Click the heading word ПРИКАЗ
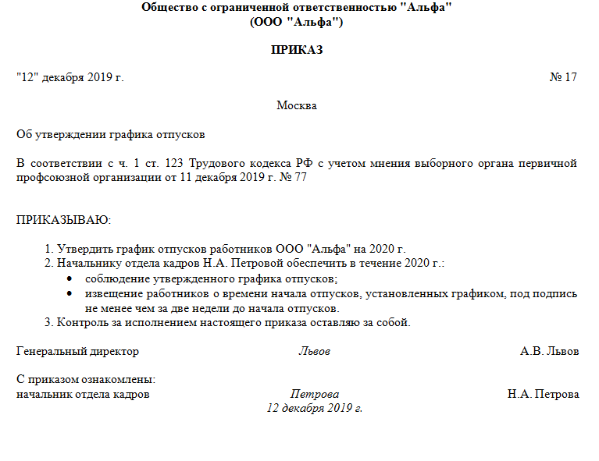(x=297, y=50)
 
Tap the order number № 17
(x=563, y=77)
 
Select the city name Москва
(x=297, y=105)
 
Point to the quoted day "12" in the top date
(x=27, y=77)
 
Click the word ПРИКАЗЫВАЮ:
(x=64, y=220)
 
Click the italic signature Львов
(x=314, y=352)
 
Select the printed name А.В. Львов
(x=550, y=352)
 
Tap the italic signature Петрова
(x=315, y=395)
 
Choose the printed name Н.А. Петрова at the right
(x=544, y=395)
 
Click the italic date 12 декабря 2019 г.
(x=315, y=408)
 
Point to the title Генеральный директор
(x=77, y=352)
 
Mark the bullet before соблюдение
(x=70, y=279)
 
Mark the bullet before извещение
(x=70, y=293)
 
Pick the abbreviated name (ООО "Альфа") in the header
(x=297, y=22)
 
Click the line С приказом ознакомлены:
(x=86, y=380)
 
